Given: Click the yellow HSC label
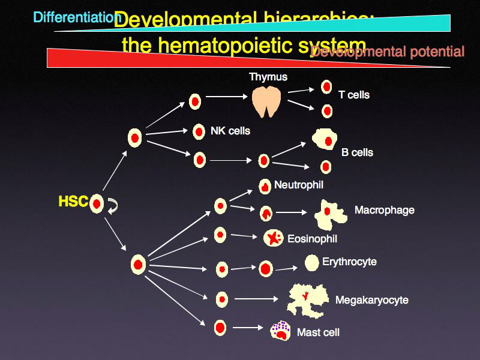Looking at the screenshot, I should tap(73, 202).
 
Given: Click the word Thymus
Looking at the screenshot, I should tap(268, 77).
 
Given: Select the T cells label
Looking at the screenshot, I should tap(354, 95).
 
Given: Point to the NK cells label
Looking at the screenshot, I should tap(230, 130).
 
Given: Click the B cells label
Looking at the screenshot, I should tap(357, 152).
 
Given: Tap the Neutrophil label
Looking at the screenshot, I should tap(298, 185).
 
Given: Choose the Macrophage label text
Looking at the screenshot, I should tap(384, 210).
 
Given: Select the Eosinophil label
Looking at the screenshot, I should tap(312, 239).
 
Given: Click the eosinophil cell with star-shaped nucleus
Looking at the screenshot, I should tap(274, 238).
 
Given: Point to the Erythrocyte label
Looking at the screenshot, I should tap(349, 262).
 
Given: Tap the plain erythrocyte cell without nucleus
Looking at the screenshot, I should tap(311, 262).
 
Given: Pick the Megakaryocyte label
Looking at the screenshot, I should tap(371, 300).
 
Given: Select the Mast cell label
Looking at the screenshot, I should tap(318, 332).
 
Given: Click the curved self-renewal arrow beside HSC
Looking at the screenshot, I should tap(113, 206).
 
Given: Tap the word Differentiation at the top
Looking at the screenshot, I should tap(77, 17).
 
